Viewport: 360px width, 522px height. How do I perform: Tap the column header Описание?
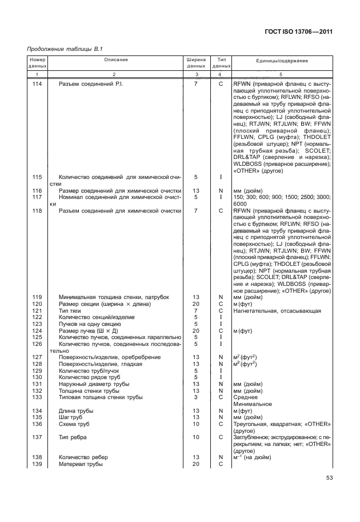(x=116, y=60)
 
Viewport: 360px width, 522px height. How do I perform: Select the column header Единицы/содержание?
(x=282, y=60)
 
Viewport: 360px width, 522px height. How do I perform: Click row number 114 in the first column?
(x=38, y=84)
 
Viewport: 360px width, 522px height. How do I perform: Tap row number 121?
(x=38, y=310)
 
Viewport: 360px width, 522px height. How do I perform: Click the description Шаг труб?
(x=73, y=417)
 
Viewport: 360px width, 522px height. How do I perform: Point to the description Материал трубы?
(x=81, y=464)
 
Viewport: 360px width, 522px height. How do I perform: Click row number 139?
(x=38, y=464)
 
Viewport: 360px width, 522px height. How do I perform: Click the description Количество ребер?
(x=83, y=457)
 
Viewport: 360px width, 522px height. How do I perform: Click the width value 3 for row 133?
(x=196, y=397)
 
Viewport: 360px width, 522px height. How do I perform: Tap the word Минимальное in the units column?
(x=251, y=404)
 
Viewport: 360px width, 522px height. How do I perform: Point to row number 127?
(x=38, y=357)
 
